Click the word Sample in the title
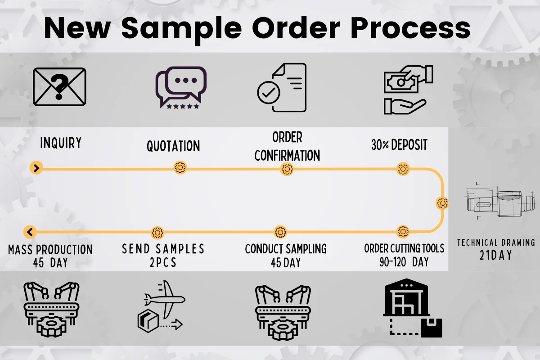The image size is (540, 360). [181, 29]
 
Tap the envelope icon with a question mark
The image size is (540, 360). [59, 87]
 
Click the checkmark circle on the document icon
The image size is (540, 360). [269, 93]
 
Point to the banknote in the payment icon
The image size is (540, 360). [401, 83]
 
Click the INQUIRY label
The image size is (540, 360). [61, 143]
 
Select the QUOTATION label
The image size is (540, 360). [173, 146]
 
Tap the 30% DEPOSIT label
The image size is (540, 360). [399, 145]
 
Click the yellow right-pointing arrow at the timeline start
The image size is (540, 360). [36, 168]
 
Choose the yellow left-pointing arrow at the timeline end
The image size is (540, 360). [30, 232]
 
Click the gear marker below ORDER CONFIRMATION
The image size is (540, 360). [287, 169]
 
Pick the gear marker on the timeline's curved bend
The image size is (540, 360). [443, 203]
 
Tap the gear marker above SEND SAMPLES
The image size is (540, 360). [157, 233]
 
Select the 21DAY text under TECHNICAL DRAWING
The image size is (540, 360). [496, 255]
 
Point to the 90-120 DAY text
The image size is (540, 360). [404, 262]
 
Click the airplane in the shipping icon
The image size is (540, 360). [165, 299]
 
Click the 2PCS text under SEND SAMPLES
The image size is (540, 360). [163, 262]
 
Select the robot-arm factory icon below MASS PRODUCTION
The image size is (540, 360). [51, 309]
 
